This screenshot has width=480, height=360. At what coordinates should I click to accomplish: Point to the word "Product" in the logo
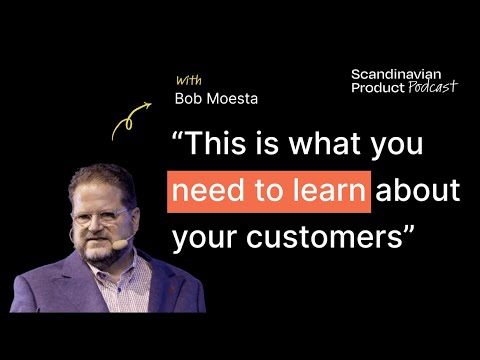[x=377, y=88]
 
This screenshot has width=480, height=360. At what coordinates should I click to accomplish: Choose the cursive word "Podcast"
[x=432, y=88]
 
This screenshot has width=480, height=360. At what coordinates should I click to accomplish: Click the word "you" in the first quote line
[x=400, y=148]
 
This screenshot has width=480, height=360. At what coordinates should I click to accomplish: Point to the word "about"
[x=417, y=191]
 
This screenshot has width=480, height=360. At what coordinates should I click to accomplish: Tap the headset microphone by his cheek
[x=120, y=243]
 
